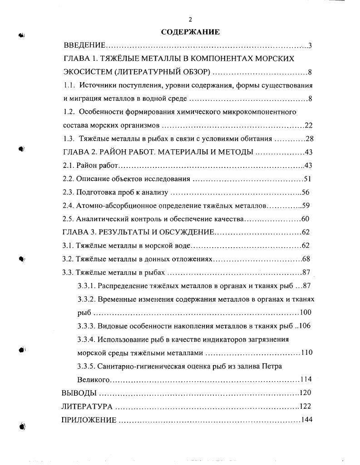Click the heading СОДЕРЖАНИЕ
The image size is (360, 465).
[190, 32]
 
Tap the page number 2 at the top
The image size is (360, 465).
[190, 19]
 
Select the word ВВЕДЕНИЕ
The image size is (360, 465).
[85, 45]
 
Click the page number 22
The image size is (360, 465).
[309, 126]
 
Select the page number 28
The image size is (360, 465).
[310, 139]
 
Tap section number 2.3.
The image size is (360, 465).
[68, 192]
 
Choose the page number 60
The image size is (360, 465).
[305, 219]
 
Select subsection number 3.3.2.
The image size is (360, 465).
[86, 299]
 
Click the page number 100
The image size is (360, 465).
[306, 313]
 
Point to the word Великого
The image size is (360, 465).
[94, 379]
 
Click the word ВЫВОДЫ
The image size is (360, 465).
[79, 393]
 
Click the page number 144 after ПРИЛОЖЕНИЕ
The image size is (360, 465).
[307, 420]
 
